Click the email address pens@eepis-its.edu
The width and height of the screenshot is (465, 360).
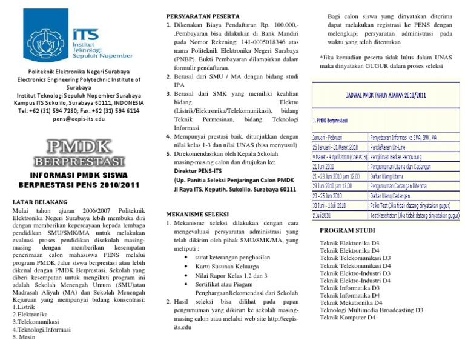click(78, 119)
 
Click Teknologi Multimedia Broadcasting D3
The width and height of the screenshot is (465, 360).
click(371, 310)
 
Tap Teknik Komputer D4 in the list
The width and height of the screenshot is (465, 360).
click(348, 317)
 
